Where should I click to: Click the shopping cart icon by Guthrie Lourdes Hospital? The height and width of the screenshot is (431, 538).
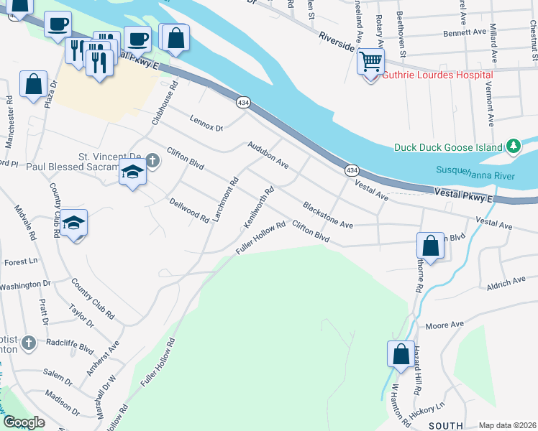(370, 62)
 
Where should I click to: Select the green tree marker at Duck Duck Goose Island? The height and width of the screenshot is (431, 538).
(513, 147)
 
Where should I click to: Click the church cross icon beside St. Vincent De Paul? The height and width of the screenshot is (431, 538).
(152, 159)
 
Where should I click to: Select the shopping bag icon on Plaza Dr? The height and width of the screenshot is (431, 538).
(33, 85)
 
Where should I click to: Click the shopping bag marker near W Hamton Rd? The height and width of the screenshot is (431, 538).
(401, 354)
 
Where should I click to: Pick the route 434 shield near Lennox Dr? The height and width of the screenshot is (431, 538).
(243, 103)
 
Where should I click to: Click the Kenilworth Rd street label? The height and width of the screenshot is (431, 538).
(260, 208)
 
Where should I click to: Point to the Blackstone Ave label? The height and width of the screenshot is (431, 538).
(328, 215)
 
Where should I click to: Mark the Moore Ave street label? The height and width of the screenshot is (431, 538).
(444, 325)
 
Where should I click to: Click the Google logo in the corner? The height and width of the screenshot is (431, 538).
(24, 422)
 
